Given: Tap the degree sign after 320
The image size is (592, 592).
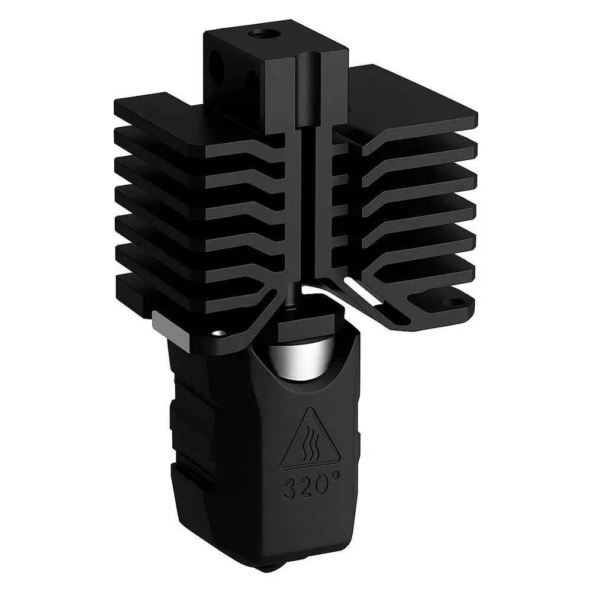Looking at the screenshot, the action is point(336,479).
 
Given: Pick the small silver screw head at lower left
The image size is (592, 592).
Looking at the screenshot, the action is point(218,332).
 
